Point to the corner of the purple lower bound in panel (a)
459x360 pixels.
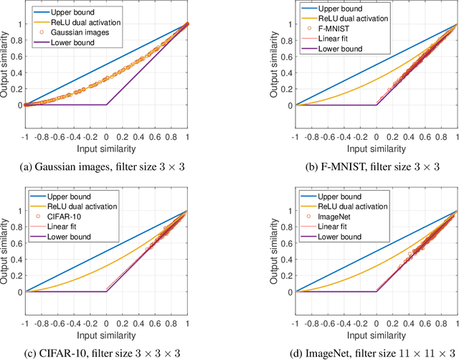point(106,105)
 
